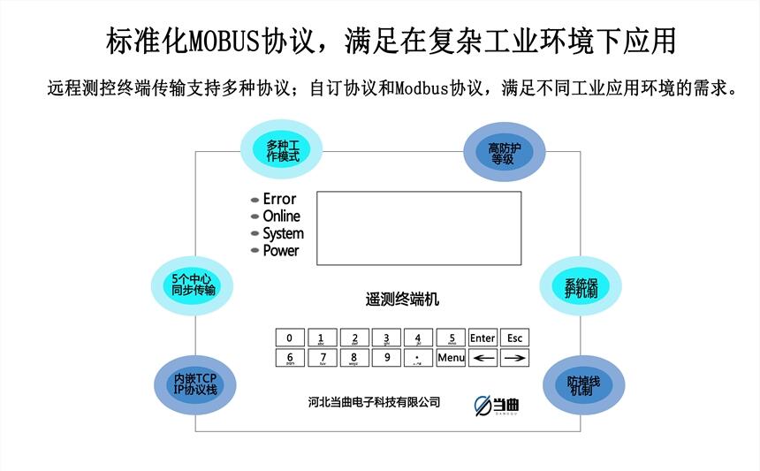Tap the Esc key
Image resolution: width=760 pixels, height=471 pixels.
point(515,338)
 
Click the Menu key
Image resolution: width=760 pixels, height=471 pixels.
point(451,358)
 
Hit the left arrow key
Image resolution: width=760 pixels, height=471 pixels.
point(483,358)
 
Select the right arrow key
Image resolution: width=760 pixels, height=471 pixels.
point(515,358)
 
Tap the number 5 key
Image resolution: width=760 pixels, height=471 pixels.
point(451,338)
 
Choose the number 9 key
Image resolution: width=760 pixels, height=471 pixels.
point(385,358)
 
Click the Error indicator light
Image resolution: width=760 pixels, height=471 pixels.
point(255,200)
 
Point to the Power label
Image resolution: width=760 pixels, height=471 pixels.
point(281,250)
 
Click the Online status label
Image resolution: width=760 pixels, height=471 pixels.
point(281,217)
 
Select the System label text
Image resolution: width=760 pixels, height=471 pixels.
point(283,233)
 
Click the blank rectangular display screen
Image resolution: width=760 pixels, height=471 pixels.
point(418,228)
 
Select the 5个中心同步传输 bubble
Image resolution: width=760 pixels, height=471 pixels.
point(194,285)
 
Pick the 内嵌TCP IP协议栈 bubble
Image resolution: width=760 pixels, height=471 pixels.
point(194,384)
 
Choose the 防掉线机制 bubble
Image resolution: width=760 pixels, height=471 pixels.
point(583,385)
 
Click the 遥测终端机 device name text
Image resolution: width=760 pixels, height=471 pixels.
point(402,300)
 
